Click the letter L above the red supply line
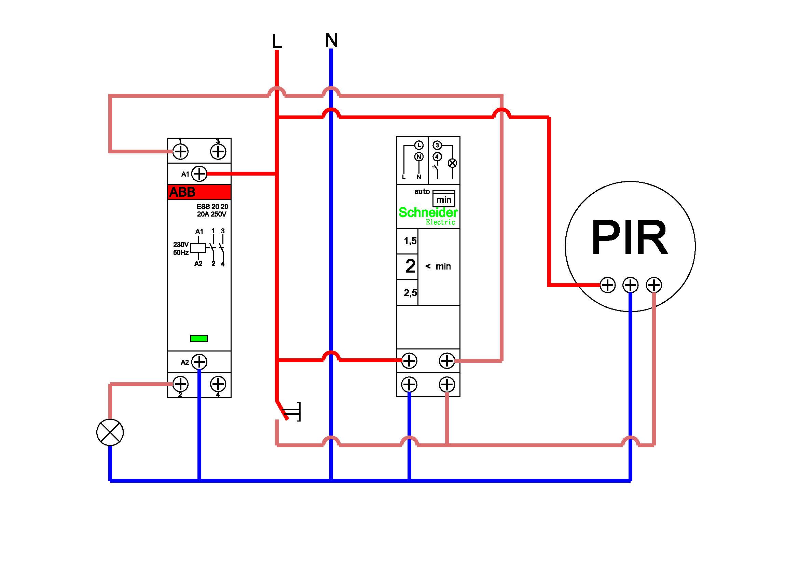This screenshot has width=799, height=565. (x=277, y=41)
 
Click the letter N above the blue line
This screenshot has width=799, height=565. (x=331, y=40)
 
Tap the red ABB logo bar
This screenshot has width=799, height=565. (x=199, y=192)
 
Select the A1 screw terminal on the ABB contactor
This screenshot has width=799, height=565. (x=199, y=174)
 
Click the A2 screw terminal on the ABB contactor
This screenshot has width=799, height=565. (x=199, y=362)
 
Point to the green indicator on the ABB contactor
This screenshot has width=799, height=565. (x=199, y=339)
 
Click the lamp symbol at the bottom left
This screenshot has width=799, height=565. (x=110, y=432)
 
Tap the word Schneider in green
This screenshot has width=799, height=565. (x=428, y=212)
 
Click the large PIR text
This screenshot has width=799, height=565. (x=630, y=238)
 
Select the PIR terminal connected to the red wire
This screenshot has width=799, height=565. (x=608, y=285)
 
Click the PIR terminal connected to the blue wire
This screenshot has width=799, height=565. (x=631, y=285)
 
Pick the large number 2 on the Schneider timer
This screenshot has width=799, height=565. (x=410, y=266)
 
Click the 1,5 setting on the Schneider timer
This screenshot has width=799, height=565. (x=410, y=241)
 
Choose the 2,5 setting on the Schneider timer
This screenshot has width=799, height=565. (x=410, y=293)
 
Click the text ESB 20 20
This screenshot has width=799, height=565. (x=212, y=207)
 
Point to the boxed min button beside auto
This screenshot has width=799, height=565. (x=444, y=199)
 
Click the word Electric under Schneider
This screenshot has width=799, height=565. (x=441, y=222)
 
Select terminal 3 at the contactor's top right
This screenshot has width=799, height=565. (x=218, y=151)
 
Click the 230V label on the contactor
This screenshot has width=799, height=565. (x=181, y=245)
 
